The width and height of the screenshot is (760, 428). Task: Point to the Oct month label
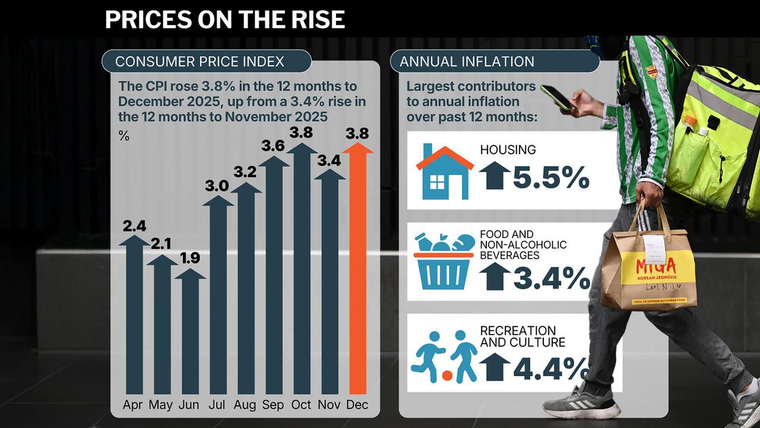302,405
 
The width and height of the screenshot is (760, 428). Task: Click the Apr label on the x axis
134,405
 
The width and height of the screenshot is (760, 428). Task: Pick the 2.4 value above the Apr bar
135,226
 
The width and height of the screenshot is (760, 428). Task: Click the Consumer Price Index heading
199,62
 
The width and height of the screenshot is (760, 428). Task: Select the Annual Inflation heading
467,62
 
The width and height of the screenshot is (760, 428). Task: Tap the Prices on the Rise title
224,20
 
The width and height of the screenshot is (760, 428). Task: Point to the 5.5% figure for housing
551,177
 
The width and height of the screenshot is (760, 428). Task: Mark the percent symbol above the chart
123,136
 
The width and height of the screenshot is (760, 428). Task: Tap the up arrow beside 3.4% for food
494,276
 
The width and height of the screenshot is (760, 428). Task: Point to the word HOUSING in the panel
508,150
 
